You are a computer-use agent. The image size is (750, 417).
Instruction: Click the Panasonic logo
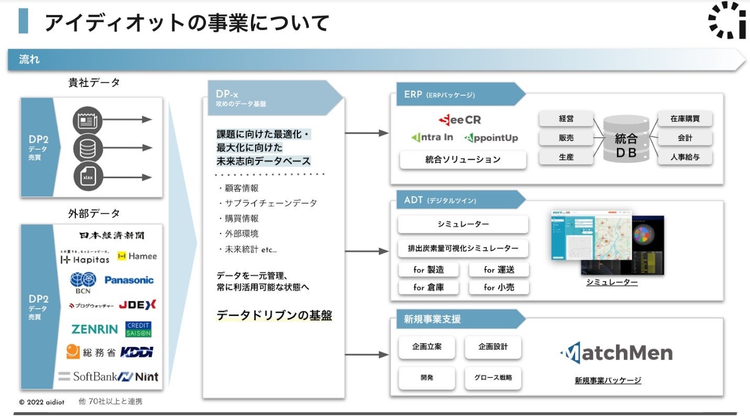click(129, 280)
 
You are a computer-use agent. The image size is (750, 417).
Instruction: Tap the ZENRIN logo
click(95, 330)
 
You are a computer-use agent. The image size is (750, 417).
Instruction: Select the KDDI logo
click(137, 352)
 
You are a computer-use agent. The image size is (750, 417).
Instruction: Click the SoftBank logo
click(86, 376)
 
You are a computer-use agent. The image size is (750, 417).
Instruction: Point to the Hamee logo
click(137, 256)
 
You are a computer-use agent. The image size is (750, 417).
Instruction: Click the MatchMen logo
click(616, 353)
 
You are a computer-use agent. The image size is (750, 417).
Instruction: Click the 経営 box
click(566, 119)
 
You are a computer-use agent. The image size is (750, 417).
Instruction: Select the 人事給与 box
click(685, 157)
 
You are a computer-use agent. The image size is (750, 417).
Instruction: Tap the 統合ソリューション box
click(462, 160)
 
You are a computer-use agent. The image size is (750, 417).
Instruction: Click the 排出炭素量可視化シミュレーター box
click(463, 248)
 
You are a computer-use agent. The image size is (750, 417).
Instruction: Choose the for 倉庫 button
click(428, 287)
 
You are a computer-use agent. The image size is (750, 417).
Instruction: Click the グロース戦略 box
click(493, 377)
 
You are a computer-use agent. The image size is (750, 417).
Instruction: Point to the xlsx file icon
click(87, 177)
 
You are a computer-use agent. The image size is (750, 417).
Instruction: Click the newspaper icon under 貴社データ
click(87, 119)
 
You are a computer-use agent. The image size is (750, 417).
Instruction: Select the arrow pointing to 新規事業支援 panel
click(367, 355)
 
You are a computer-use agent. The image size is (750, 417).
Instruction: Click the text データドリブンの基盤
click(274, 315)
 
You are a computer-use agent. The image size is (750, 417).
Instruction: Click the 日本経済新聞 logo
click(112, 235)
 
